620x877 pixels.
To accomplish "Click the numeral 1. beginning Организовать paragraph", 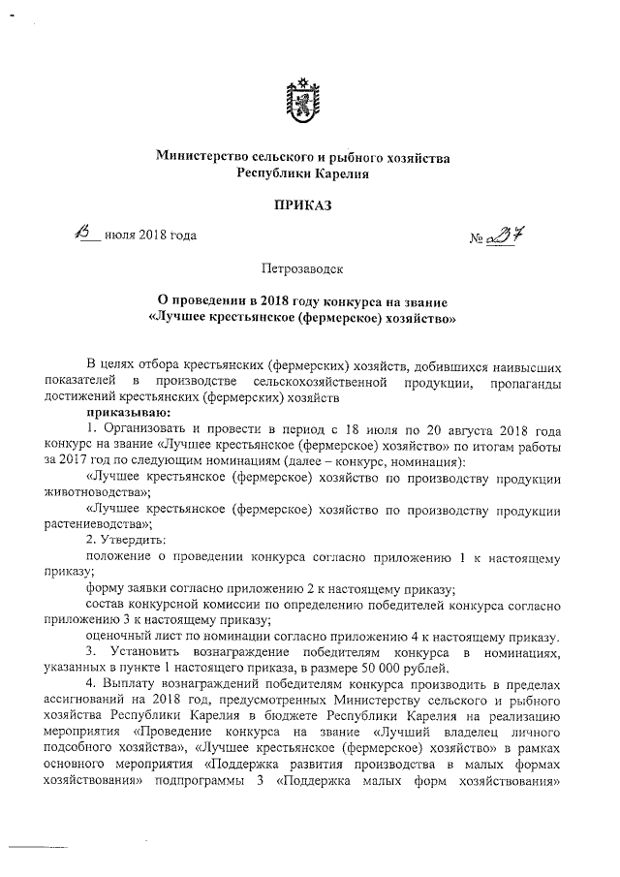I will tap(91, 427).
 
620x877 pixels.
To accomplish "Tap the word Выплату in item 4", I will tap(135, 685).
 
